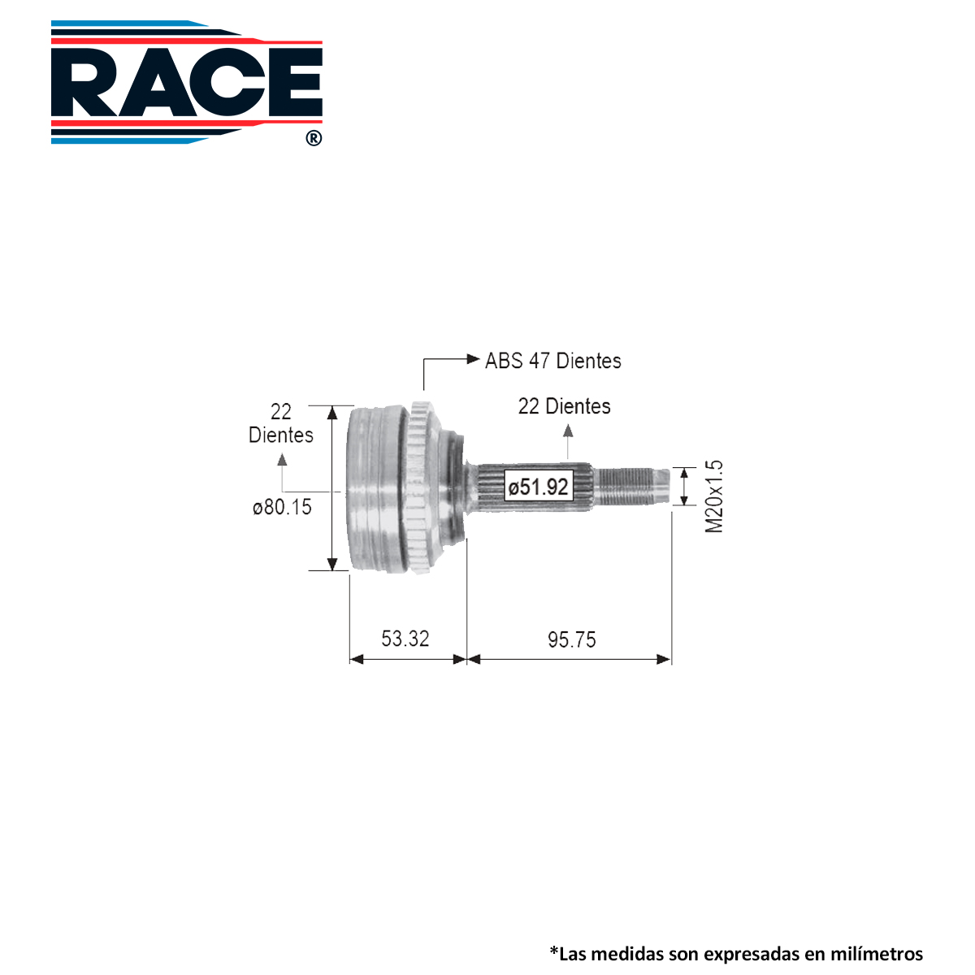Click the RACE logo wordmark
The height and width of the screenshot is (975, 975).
tap(187, 82)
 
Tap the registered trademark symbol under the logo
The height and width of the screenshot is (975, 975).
tap(314, 138)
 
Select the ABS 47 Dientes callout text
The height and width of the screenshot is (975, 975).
tap(553, 362)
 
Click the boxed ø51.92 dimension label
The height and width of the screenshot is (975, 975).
tap(539, 487)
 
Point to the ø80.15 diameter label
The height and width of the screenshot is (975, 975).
tap(282, 508)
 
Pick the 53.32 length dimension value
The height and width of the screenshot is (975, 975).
tap(405, 639)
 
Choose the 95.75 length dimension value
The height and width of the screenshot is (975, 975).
tap(572, 640)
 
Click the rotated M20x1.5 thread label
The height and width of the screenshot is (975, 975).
tap(714, 497)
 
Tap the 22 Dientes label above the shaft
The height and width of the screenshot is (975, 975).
tap(564, 406)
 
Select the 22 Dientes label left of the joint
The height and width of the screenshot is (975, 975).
tap(281, 423)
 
